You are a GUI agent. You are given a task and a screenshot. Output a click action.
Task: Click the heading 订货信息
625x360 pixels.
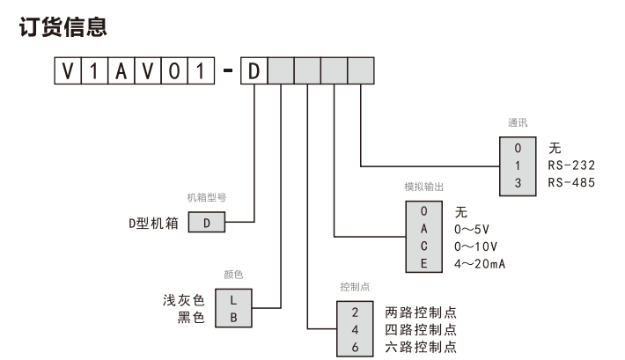[64, 28]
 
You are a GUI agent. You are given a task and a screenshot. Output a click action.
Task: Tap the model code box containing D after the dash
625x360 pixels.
[254, 70]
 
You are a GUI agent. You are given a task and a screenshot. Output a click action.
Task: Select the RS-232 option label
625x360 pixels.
[571, 165]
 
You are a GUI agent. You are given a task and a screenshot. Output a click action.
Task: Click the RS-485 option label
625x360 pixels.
[571, 182]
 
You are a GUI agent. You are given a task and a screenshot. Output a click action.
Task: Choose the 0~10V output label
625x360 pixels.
[476, 246]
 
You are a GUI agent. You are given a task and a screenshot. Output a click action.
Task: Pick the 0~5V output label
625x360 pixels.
[473, 229]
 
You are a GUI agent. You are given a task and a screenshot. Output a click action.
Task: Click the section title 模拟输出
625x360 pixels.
[422, 187]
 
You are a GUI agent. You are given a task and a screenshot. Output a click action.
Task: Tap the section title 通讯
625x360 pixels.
[518, 123]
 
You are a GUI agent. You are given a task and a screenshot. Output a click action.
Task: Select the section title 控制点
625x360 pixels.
[354, 287]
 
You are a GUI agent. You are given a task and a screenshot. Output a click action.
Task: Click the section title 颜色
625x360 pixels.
[233, 275]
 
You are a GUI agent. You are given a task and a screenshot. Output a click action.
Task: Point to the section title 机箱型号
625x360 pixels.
[206, 196]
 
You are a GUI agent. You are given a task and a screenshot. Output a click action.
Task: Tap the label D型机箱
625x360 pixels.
[155, 223]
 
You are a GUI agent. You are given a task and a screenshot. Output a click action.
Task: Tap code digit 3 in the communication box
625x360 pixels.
[518, 182]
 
